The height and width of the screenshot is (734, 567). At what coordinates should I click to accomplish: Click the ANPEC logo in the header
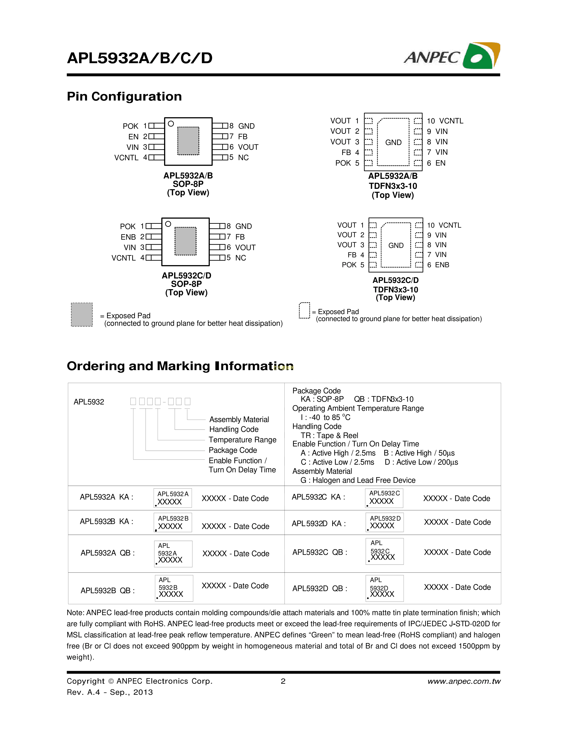[452, 56]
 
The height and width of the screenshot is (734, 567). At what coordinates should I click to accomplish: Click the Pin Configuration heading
[124, 97]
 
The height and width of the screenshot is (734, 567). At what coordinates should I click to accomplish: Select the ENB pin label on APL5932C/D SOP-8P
[128, 237]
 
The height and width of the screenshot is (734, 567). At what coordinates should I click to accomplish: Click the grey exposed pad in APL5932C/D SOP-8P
[185, 241]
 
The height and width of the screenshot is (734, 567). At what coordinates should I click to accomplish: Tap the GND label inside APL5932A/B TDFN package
[393, 143]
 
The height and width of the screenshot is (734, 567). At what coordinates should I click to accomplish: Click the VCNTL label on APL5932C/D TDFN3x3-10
[450, 225]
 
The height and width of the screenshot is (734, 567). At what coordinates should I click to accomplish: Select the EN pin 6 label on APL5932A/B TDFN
[440, 163]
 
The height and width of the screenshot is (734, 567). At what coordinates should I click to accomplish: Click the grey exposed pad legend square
[82, 315]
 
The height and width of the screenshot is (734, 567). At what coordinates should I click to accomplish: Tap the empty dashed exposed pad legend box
[304, 310]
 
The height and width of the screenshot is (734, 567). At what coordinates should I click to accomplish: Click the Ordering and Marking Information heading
[180, 366]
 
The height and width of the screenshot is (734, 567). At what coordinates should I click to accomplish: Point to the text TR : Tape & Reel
[330, 435]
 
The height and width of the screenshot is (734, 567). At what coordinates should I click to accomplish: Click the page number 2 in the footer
[283, 681]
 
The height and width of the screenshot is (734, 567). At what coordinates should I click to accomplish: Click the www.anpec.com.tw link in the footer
[464, 681]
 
